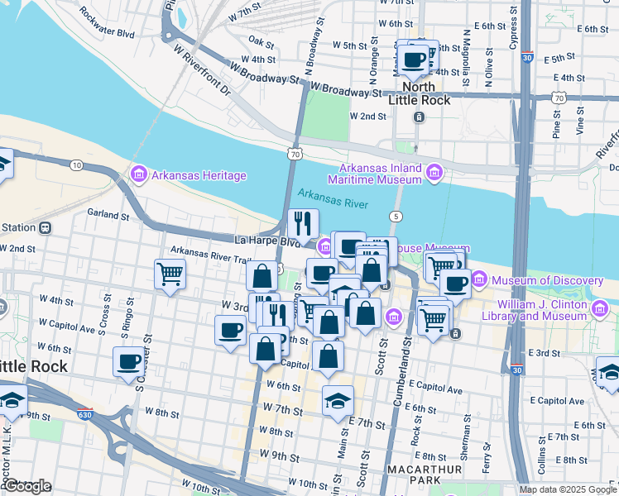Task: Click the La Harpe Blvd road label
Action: pyautogui.click(x=266, y=241)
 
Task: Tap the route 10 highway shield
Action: pyautogui.click(x=76, y=165)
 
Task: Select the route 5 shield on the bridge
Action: pyautogui.click(x=397, y=217)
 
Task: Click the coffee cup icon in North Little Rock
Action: pyautogui.click(x=414, y=60)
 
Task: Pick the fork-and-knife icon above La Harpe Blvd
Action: pyautogui.click(x=304, y=223)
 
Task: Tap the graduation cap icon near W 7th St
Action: pyautogui.click(x=338, y=402)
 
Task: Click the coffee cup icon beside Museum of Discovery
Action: pyautogui.click(x=455, y=284)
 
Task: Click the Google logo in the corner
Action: pyautogui.click(x=27, y=486)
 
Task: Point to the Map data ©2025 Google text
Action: pyautogui.click(x=567, y=489)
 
